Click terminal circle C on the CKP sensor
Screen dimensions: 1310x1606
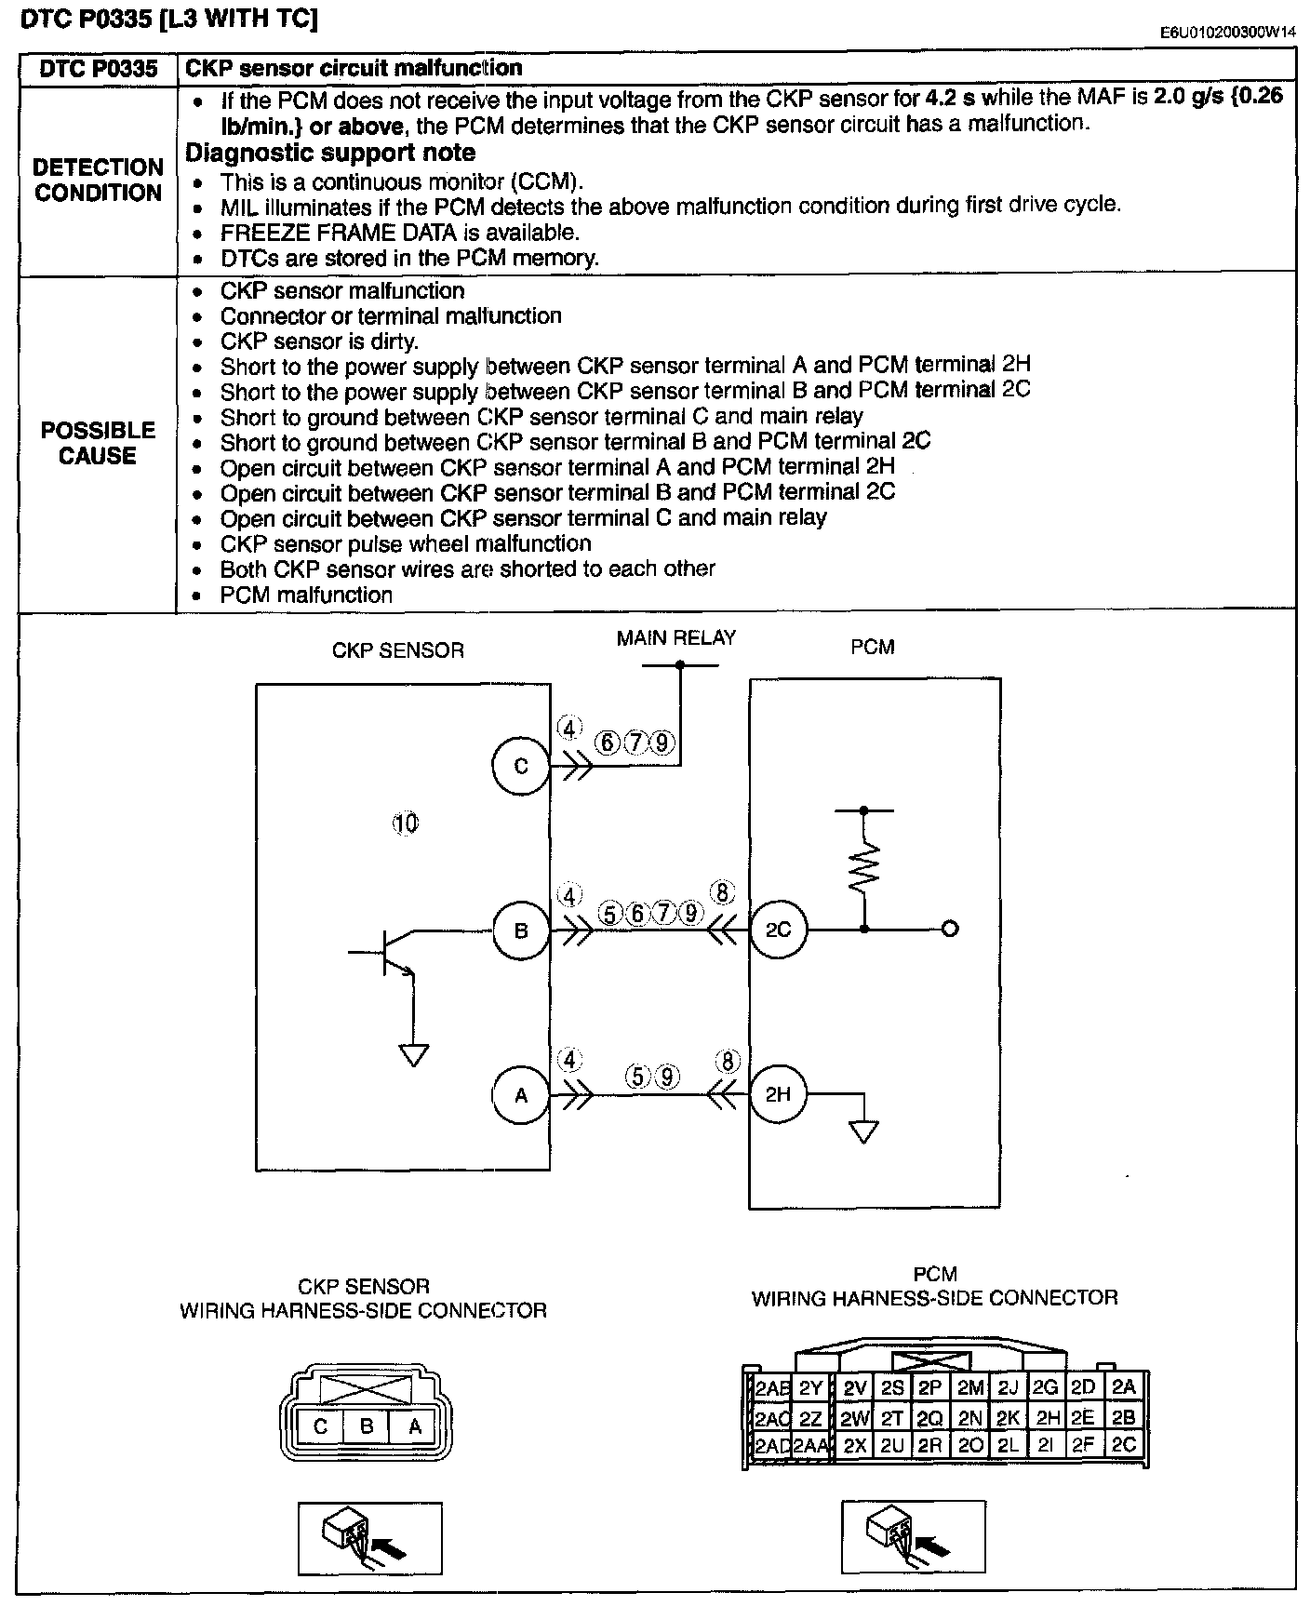(x=521, y=767)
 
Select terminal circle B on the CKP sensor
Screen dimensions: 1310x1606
(x=521, y=930)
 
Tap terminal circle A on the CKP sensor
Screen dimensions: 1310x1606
(x=521, y=1095)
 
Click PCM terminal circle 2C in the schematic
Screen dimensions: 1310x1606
(x=778, y=929)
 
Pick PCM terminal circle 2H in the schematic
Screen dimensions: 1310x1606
(x=778, y=1094)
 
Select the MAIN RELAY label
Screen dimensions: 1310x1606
(x=676, y=638)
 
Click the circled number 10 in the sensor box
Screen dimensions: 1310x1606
(x=406, y=823)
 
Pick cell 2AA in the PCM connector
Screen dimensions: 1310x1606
(x=811, y=1445)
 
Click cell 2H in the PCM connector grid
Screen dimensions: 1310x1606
(x=1048, y=1418)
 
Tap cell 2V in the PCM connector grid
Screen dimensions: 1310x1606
(x=854, y=1388)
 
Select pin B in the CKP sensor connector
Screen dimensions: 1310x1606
(x=367, y=1425)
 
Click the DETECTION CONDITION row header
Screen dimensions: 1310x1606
(x=98, y=181)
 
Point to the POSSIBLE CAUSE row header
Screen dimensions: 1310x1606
(x=98, y=443)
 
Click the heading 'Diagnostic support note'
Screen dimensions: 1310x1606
(x=330, y=153)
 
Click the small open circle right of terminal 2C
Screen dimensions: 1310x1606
(x=950, y=929)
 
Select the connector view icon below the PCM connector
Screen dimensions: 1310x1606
(x=913, y=1537)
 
